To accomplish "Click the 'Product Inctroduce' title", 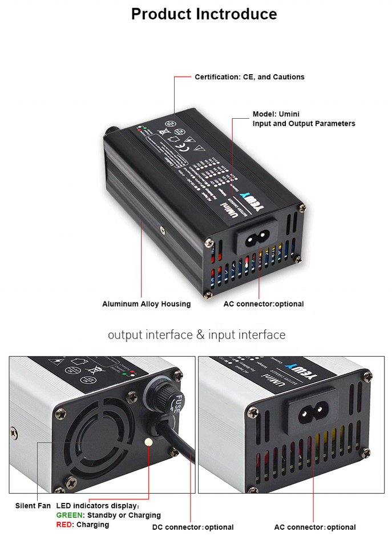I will coord(204,14).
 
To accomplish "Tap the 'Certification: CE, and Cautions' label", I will coord(249,77).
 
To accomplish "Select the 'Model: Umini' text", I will coord(276,114).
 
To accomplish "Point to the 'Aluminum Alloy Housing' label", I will coord(146,304).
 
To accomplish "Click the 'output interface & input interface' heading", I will coord(196,335).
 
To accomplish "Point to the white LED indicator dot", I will coord(149,442).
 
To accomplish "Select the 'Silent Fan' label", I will coord(33,506).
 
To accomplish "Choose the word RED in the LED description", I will coord(64,524).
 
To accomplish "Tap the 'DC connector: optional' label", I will coord(193,527).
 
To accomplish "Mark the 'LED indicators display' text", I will coord(97,506).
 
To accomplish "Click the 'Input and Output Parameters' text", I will coord(304,123).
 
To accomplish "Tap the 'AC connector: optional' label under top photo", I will coord(263,304).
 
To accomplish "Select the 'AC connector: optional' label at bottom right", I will coord(314,527).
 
